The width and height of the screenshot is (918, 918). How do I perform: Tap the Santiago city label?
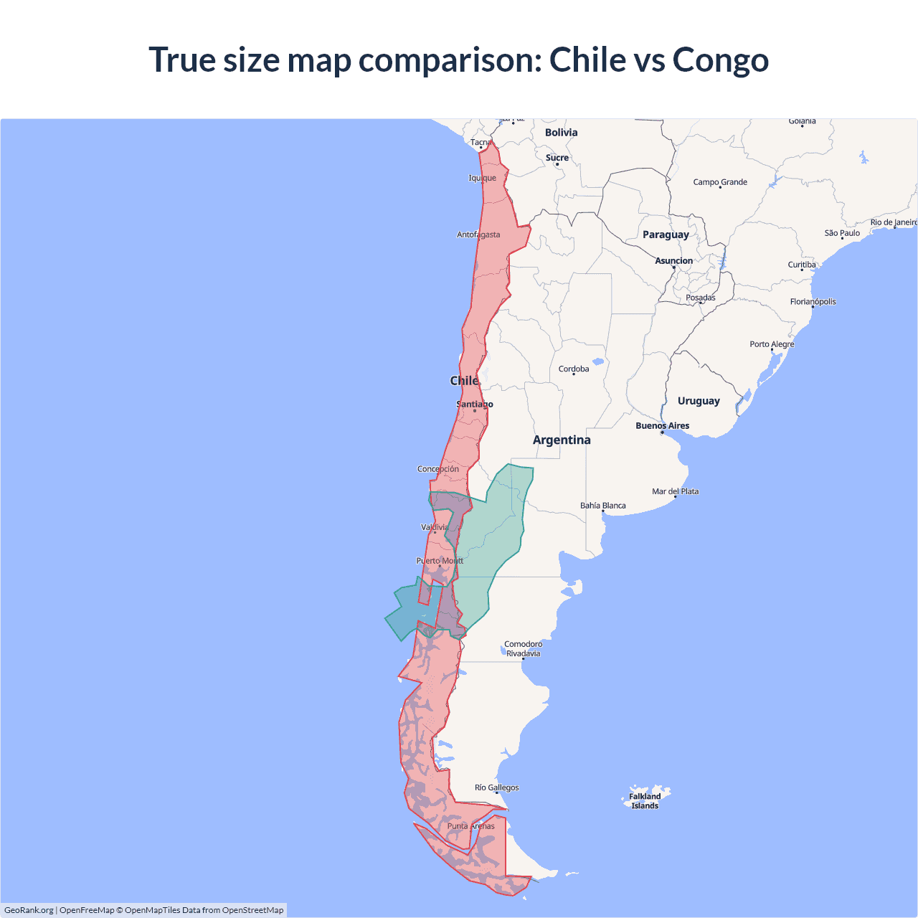[x=475, y=404]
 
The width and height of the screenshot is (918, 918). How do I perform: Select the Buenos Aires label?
[x=662, y=426]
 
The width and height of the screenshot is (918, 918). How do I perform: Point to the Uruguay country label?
[x=699, y=401]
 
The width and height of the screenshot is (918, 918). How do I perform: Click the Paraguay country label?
[x=666, y=235]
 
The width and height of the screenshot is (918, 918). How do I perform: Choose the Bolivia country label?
[x=561, y=133]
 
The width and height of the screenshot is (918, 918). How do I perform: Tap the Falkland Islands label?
[x=645, y=801]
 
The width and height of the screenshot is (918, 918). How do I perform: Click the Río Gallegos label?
[x=496, y=787]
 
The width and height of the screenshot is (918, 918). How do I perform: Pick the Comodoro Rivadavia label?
[x=524, y=648]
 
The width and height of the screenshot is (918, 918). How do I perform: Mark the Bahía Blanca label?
[x=602, y=506]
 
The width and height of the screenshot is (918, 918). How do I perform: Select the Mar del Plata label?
[x=675, y=491]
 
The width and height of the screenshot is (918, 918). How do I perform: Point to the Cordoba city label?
[x=574, y=369]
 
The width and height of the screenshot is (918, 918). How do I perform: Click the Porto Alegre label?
[x=772, y=344]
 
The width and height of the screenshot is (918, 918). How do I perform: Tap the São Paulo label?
[x=842, y=233]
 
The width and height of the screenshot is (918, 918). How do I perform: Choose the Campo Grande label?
[x=720, y=182]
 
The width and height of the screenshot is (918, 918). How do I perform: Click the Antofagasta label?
[x=478, y=235]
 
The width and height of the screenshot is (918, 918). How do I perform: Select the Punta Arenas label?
[x=470, y=826]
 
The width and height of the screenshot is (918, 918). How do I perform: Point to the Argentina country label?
[x=562, y=440]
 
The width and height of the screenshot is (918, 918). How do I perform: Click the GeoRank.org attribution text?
[x=29, y=910]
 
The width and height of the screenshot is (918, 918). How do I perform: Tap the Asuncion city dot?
[x=673, y=268]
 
